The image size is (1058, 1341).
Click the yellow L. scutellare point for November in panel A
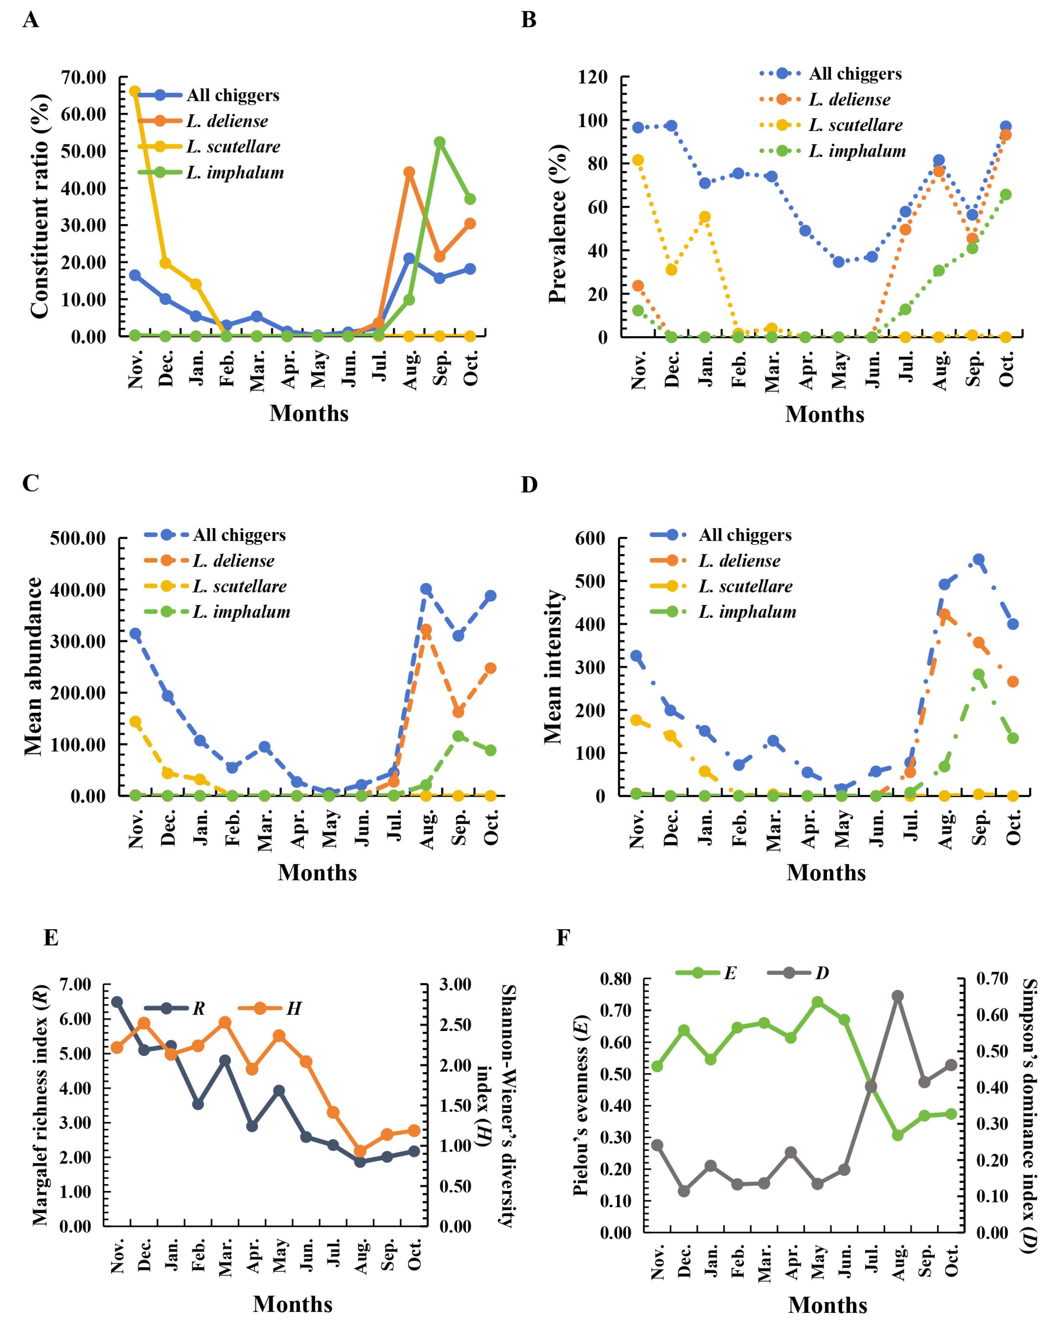(134, 91)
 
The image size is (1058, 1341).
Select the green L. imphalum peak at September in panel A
(440, 142)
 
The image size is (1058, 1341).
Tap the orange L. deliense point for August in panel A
(409, 172)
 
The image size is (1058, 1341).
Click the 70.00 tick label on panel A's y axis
(84, 77)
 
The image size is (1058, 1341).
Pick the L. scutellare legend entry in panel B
(855, 125)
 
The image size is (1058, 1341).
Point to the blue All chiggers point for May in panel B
(839, 262)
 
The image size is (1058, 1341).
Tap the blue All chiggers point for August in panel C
(426, 589)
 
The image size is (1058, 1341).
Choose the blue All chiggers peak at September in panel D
(979, 559)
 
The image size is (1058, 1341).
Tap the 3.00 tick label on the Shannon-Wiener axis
(455, 984)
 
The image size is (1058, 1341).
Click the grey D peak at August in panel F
(898, 996)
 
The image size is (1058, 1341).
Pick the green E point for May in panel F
(818, 1002)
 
